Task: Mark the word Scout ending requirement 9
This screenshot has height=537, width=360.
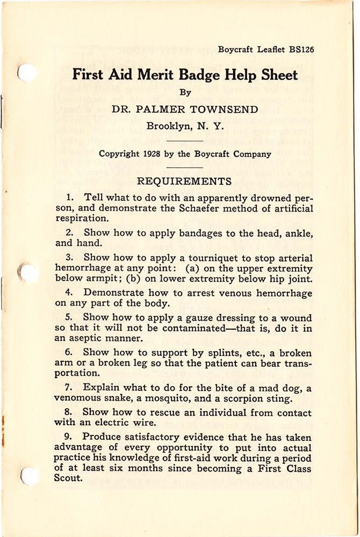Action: coord(67,479)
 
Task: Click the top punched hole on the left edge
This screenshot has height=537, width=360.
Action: coord(26,72)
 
